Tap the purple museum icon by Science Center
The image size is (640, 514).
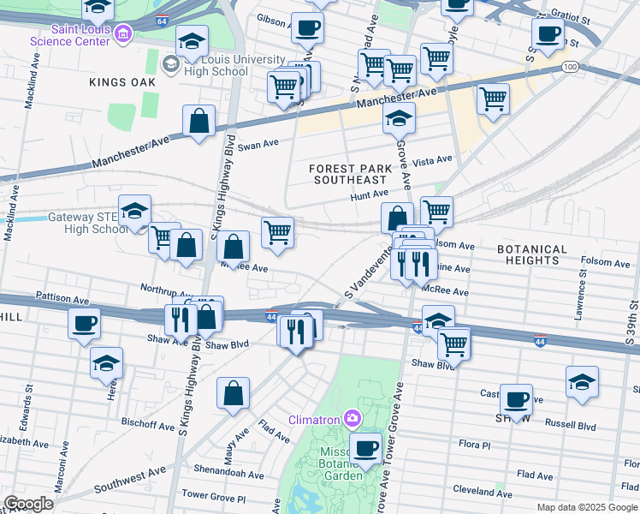tap(124, 33)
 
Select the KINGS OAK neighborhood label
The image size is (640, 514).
tap(122, 81)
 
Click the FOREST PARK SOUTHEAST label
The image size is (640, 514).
tap(349, 174)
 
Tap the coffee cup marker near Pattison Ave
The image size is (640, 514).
tap(84, 323)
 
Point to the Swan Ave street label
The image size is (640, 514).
tap(258, 146)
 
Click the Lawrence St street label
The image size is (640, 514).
tap(581, 296)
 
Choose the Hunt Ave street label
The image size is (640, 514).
tap(370, 196)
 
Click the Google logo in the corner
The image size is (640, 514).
tap(28, 504)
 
